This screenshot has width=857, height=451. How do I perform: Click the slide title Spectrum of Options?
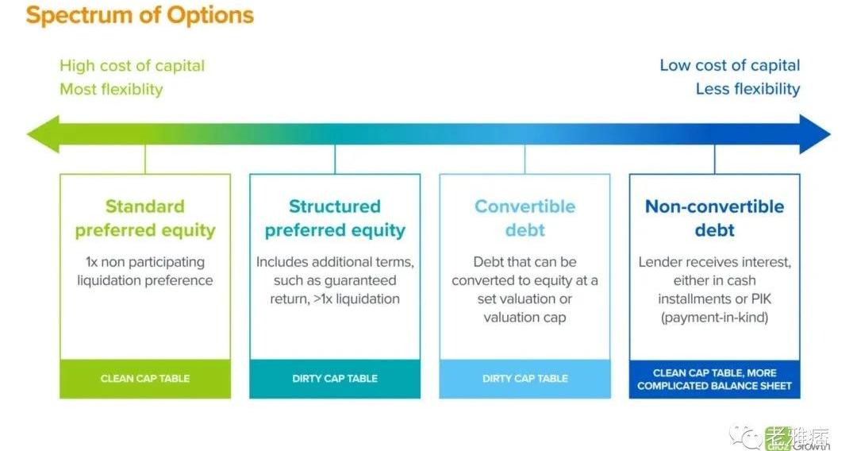pyautogui.click(x=140, y=15)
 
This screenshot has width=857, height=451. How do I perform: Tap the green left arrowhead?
pyautogui.click(x=43, y=134)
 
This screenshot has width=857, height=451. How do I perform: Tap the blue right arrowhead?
pyautogui.click(x=814, y=134)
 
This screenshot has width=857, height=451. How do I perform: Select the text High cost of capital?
pyautogui.click(x=133, y=66)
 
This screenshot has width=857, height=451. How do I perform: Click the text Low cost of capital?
pyautogui.click(x=730, y=66)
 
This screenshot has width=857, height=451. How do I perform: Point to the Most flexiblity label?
pyautogui.click(x=112, y=89)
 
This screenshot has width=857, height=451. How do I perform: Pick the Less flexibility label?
pyautogui.click(x=747, y=89)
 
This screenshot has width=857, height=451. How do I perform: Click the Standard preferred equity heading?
pyautogui.click(x=145, y=218)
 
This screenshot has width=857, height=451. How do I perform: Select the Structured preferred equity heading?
pyautogui.click(x=335, y=218)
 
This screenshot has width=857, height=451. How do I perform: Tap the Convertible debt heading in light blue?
pyautogui.click(x=525, y=218)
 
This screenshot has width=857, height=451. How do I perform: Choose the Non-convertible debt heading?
pyautogui.click(x=714, y=218)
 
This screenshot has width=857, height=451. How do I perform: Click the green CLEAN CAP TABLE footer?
pyautogui.click(x=145, y=378)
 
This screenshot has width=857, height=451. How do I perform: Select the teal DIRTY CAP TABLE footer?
pyautogui.click(x=335, y=378)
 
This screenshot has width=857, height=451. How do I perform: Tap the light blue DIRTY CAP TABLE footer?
pyautogui.click(x=525, y=378)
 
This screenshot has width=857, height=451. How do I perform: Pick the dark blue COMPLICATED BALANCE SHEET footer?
pyautogui.click(x=714, y=379)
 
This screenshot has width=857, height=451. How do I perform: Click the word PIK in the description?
pyautogui.click(x=761, y=299)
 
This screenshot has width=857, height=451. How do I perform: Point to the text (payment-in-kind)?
pyautogui.click(x=714, y=318)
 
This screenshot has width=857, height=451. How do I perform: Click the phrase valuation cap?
pyautogui.click(x=525, y=318)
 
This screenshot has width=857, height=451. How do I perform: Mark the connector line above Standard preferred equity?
pyautogui.click(x=145, y=160)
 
